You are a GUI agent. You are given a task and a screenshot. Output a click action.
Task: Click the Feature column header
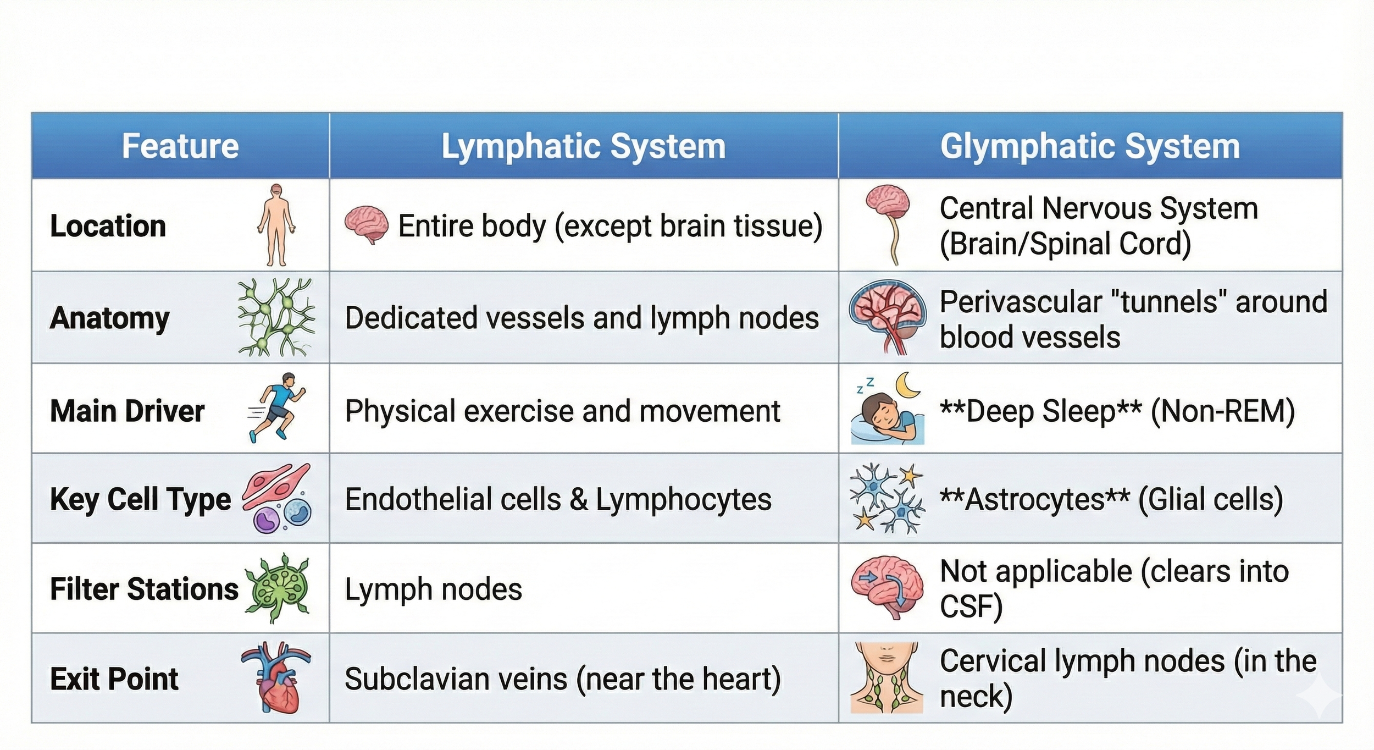(180, 146)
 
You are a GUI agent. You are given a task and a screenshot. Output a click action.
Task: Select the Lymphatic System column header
(583, 146)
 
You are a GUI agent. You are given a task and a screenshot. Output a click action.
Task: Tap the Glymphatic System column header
(1090, 146)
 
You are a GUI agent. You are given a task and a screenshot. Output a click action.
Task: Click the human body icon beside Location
(276, 225)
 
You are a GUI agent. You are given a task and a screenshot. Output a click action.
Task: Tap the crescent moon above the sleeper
(908, 385)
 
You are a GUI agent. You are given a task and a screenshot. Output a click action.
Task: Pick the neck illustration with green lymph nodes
(886, 677)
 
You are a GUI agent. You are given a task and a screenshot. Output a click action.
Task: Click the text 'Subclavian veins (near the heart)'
(562, 679)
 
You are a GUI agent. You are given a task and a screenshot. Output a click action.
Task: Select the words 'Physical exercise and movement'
(562, 411)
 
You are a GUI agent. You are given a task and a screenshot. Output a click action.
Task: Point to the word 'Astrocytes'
(1034, 499)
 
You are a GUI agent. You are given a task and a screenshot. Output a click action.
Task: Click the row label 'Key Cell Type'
(141, 499)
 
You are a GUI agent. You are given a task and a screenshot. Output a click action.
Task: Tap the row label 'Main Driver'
(128, 411)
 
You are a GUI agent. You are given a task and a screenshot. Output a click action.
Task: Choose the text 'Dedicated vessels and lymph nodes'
(581, 318)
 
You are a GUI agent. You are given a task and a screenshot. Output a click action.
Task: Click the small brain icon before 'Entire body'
(365, 225)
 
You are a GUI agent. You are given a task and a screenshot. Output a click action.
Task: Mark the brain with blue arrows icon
(886, 587)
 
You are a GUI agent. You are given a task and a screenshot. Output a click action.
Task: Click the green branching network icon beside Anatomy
(276, 317)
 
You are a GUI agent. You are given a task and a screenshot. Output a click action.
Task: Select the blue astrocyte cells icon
(886, 499)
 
